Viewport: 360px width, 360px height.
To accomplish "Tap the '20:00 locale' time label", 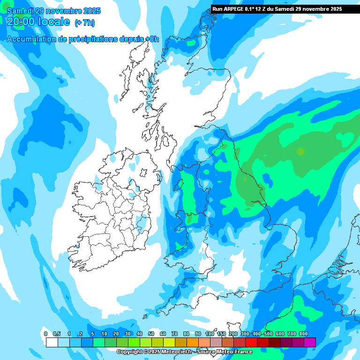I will [38, 22].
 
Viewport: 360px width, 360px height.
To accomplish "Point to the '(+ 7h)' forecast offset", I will [85, 22].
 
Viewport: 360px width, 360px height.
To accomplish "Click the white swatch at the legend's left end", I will [52, 342].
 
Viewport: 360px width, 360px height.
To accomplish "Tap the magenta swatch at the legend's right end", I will [309, 342].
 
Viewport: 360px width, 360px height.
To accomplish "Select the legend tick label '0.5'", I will [57, 334].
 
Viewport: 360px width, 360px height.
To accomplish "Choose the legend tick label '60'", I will [163, 334].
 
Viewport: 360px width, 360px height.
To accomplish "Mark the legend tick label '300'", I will [245, 334].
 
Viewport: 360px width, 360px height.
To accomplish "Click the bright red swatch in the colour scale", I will [251, 342].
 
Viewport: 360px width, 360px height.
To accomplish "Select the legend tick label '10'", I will [104, 334].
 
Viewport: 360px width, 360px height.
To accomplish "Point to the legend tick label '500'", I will [268, 334].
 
